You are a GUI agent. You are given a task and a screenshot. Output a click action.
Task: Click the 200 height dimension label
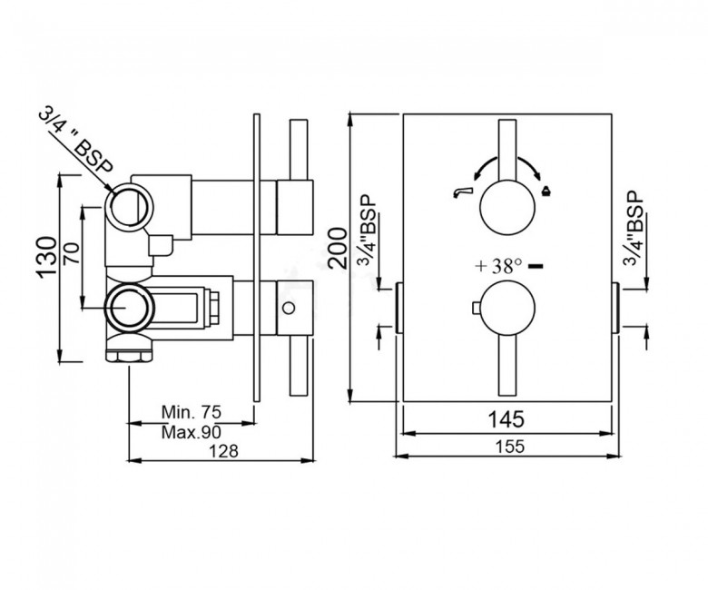[x=339, y=250]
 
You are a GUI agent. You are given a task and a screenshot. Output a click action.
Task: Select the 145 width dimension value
[x=506, y=419]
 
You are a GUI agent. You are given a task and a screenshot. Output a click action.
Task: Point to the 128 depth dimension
[x=224, y=450]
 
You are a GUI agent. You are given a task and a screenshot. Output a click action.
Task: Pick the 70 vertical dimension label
[x=71, y=253]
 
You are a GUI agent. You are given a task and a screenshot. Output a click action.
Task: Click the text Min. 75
[x=192, y=412]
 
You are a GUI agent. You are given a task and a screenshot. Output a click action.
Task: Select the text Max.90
[x=192, y=432]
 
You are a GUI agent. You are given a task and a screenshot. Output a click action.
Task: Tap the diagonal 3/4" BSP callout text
[x=75, y=142]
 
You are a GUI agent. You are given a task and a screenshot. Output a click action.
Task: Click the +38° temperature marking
[x=498, y=266]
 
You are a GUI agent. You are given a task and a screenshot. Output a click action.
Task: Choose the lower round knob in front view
[x=507, y=309]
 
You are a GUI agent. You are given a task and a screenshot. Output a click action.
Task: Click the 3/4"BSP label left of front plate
[x=368, y=231]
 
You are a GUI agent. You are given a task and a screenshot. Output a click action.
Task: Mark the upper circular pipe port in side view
[x=131, y=207]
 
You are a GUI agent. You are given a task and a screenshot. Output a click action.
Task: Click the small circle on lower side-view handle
[x=288, y=309]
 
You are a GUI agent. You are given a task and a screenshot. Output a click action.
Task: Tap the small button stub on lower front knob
[x=475, y=309]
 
